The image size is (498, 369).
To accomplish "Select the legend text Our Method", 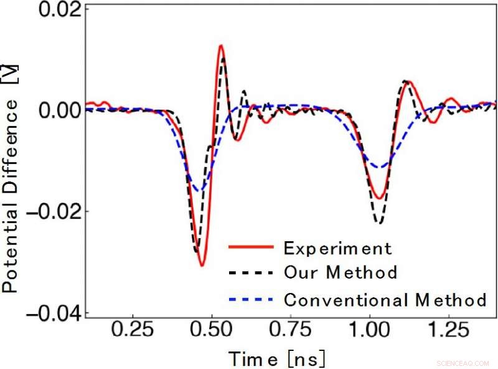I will point(341,273).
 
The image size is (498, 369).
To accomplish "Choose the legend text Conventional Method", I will point(385,299).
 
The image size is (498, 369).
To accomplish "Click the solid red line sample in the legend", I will point(251,248).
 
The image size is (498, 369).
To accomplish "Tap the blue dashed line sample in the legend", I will point(251,299).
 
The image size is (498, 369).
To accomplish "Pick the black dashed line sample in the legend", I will point(251,273).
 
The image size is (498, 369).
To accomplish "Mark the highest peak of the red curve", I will point(221,46).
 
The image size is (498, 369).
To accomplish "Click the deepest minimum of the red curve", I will point(202,266).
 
